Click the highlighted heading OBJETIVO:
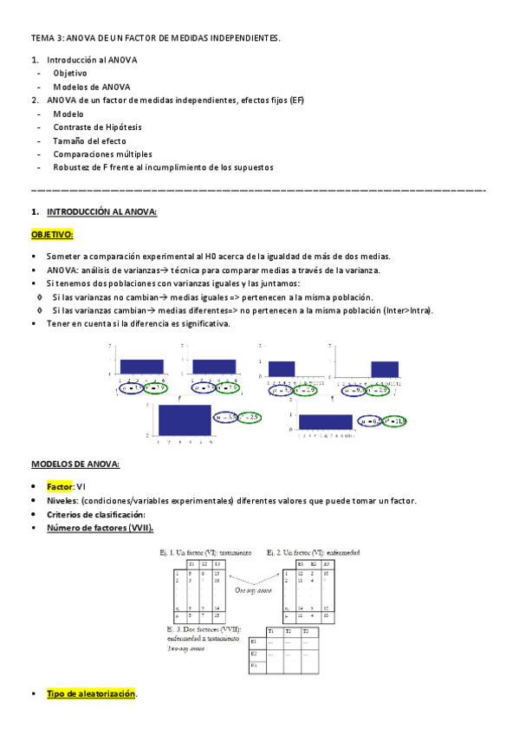[x=52, y=234]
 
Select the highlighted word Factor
[x=60, y=487]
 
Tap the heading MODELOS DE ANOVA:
[x=75, y=465]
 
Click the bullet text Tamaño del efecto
[x=89, y=140]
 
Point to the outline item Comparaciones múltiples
[x=102, y=153]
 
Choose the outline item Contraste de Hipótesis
[x=98, y=127]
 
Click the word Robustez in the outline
[x=70, y=167]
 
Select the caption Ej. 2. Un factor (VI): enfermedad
[x=313, y=552]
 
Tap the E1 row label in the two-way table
[x=254, y=642]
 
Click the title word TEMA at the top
[x=42, y=38]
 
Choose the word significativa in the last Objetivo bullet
[x=204, y=323]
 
